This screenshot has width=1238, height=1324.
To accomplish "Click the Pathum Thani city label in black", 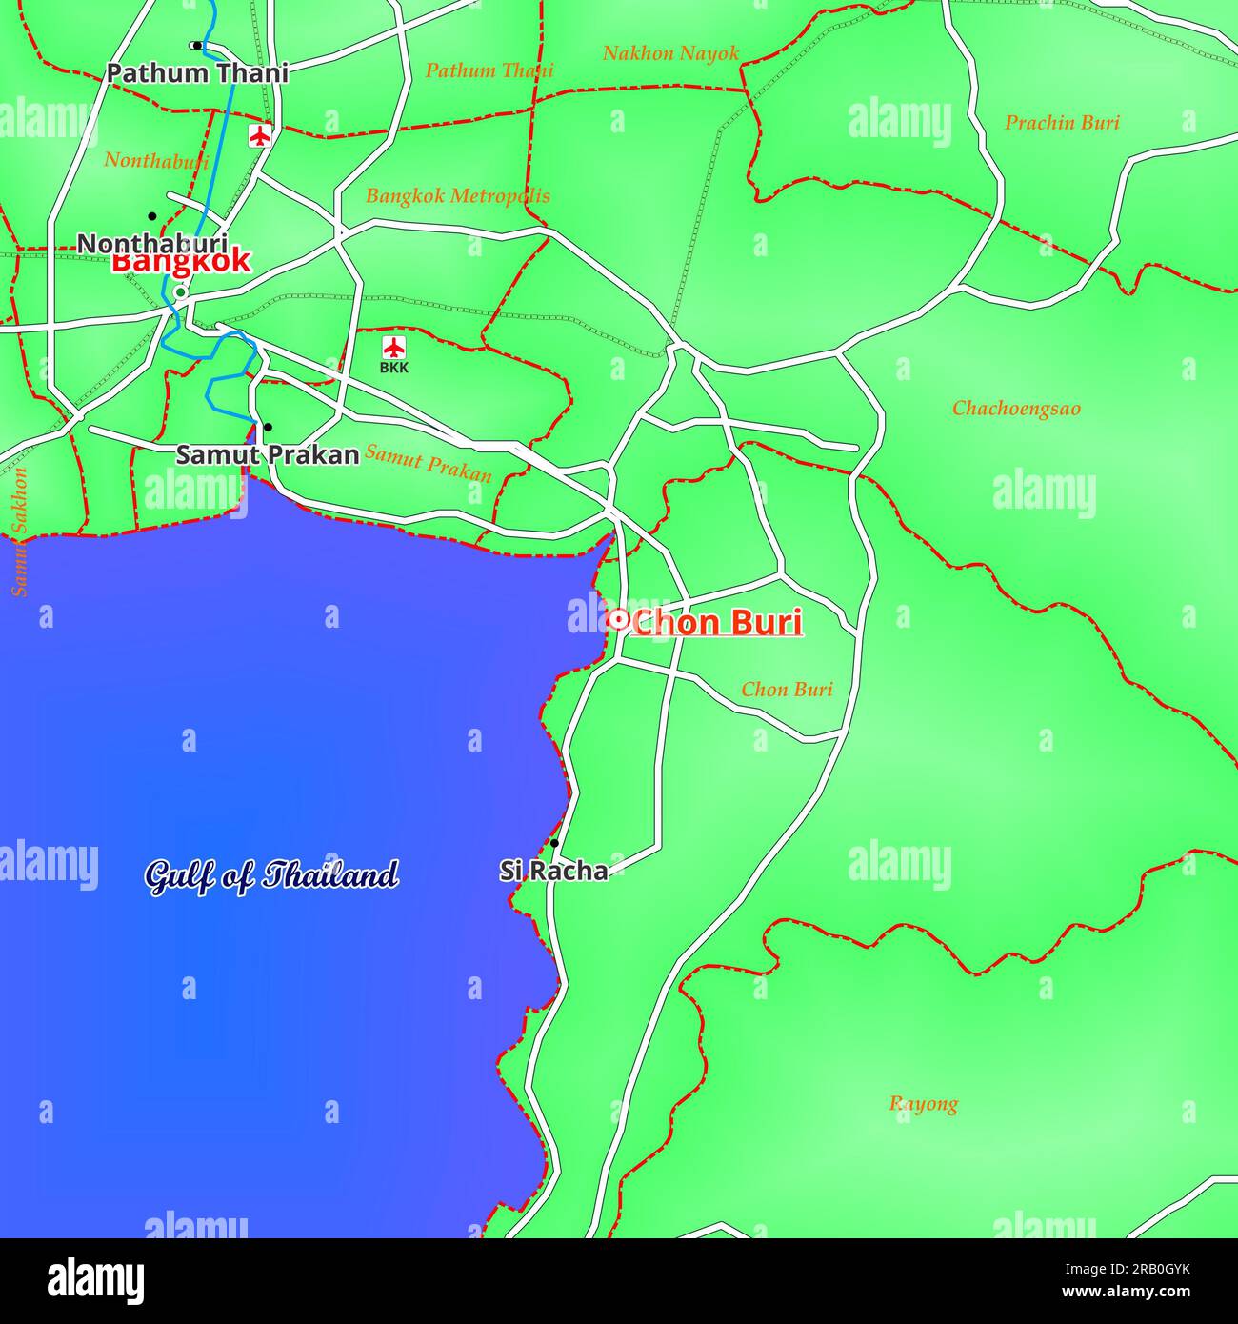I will click(196, 73).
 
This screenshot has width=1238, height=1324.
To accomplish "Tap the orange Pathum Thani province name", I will click(489, 70).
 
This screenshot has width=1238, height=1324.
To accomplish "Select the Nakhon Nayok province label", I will click(670, 53).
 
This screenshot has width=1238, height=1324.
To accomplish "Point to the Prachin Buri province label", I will click(1062, 123).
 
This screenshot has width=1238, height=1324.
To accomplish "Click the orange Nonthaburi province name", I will click(156, 160).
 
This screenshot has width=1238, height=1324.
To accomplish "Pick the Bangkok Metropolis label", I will click(458, 196).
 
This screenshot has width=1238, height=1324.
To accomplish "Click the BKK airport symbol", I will click(393, 347).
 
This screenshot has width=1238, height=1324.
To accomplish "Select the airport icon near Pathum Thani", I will click(259, 135).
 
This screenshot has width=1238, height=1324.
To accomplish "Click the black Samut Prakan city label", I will click(268, 455).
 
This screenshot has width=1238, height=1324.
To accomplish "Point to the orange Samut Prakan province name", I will click(429, 464).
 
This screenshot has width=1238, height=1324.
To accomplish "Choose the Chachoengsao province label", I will click(1016, 409).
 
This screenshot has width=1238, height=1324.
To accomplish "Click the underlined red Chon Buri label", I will click(716, 623).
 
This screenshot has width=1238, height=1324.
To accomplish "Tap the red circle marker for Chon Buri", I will click(617, 620).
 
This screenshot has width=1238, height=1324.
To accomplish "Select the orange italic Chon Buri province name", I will click(787, 690).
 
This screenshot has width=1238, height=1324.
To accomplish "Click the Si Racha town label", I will click(553, 871).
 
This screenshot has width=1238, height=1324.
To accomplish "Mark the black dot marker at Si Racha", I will click(554, 843).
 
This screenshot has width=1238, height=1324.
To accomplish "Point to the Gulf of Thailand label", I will click(271, 875).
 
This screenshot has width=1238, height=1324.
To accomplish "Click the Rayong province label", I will click(924, 1104).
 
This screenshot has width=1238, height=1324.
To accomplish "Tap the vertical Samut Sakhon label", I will click(20, 532).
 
